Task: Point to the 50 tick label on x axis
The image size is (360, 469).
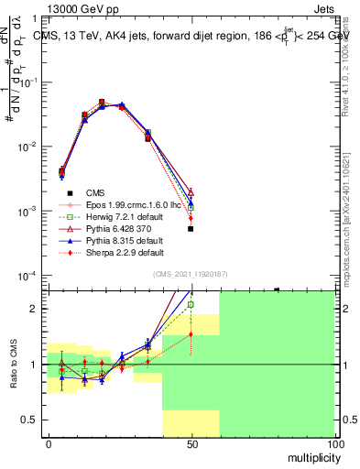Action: pos(191,443)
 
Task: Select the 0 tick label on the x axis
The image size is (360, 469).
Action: pos(49,443)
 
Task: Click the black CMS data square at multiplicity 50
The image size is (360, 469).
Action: pos(191,229)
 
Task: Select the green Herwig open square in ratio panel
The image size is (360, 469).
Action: pos(191,305)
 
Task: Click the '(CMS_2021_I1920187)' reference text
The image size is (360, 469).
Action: pos(191,275)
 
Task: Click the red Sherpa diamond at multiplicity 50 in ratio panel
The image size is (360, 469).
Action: pos(191,334)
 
